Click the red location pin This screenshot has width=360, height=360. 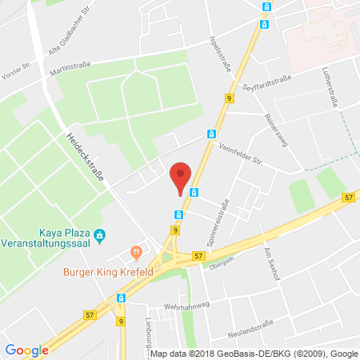point(182,176)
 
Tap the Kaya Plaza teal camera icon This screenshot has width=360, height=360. point(100,234)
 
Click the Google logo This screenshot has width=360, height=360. point(26,350)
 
